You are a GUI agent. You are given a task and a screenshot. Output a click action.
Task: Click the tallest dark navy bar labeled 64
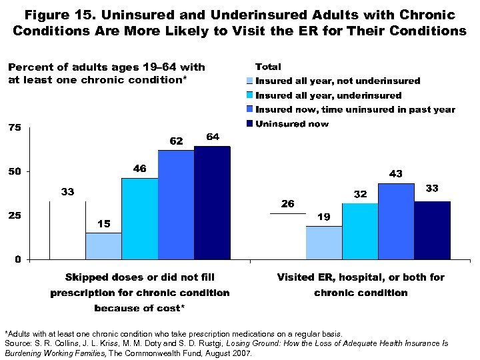(x=212, y=202)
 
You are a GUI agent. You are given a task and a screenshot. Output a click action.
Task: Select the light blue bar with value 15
(x=103, y=245)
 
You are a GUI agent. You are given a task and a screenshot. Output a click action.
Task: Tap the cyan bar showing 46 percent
(x=139, y=218)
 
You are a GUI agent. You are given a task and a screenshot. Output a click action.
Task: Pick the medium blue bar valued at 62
(x=176, y=204)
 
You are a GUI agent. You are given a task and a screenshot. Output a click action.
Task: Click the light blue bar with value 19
(x=324, y=242)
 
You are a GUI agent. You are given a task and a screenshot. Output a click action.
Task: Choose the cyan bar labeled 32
(x=360, y=231)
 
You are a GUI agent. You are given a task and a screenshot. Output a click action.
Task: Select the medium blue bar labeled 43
(x=396, y=221)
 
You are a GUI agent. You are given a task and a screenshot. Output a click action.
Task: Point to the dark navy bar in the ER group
(x=432, y=230)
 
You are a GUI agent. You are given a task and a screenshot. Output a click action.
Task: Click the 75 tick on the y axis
(x=13, y=127)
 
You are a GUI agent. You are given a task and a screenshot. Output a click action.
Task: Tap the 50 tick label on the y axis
(x=13, y=171)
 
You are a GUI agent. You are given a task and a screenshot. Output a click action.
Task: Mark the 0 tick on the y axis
(x=18, y=259)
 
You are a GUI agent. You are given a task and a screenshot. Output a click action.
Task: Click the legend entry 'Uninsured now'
(x=292, y=124)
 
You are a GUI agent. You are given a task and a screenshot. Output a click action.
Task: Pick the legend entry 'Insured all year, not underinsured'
(x=338, y=81)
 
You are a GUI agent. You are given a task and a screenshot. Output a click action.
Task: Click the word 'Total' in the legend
(x=268, y=67)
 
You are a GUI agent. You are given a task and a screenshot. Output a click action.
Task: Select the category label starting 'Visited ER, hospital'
(x=361, y=277)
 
